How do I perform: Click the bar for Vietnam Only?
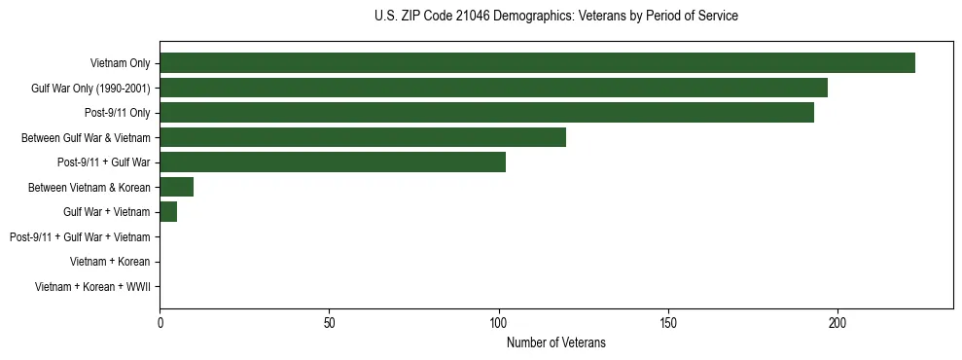(x=537, y=63)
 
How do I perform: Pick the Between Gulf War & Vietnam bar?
(x=363, y=137)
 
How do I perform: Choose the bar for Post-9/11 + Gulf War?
(x=333, y=162)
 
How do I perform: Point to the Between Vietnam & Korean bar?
(x=177, y=187)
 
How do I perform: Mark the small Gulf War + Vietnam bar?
(x=168, y=211)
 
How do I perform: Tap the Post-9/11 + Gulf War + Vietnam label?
(x=79, y=236)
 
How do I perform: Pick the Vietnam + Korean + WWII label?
(x=92, y=287)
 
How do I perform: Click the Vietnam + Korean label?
(x=110, y=262)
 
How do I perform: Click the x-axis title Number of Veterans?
(x=556, y=342)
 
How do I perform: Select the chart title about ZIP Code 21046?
(x=555, y=17)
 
